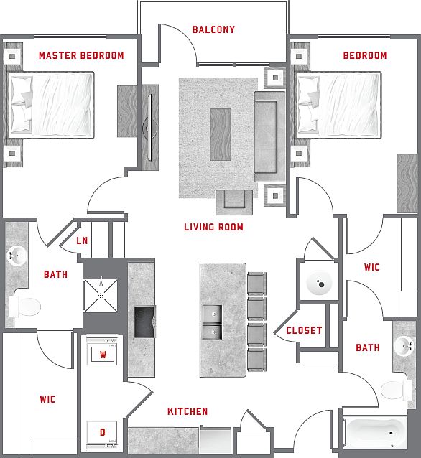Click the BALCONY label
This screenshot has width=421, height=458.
[x=213, y=29]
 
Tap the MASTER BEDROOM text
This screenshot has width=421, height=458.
[x=81, y=55]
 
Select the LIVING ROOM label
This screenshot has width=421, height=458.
[x=213, y=227]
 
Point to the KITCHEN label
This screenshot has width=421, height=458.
[x=188, y=411]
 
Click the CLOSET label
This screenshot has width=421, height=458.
[x=304, y=330]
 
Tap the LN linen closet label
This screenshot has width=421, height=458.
[x=82, y=240]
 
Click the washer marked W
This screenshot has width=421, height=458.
[x=102, y=351]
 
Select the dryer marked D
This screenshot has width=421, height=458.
[x=102, y=434]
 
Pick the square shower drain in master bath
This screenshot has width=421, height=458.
[x=101, y=296]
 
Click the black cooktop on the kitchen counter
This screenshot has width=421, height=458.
[x=144, y=322]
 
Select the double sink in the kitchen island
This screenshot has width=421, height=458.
[x=212, y=322]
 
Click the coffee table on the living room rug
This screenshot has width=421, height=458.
[x=221, y=134]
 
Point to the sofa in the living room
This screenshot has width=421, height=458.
[x=269, y=136]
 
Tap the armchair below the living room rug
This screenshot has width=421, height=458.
[x=234, y=202]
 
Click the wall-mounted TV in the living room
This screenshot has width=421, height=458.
[x=149, y=127]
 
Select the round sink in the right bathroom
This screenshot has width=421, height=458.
[x=404, y=346]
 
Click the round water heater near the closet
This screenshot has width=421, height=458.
[x=319, y=283]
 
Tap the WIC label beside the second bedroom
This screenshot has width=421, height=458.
[x=372, y=267]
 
